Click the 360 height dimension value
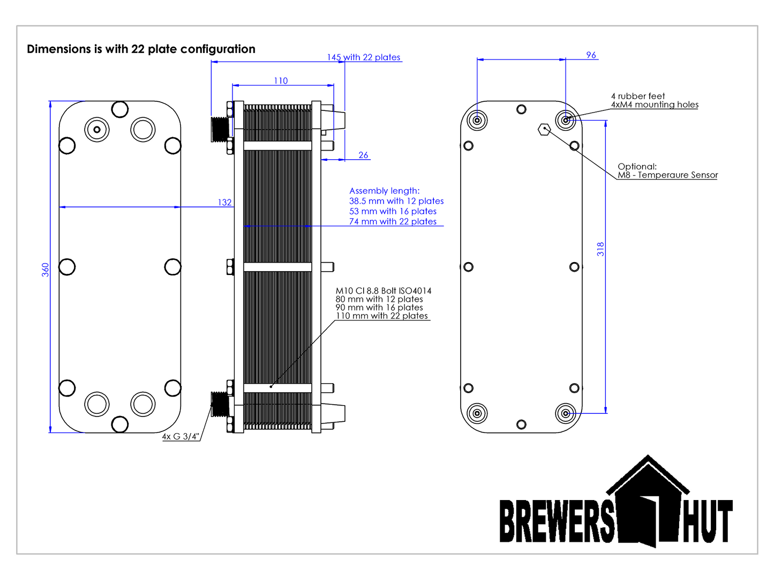(46, 270)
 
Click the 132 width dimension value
(224, 202)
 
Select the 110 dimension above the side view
(281, 81)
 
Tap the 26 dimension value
(363, 155)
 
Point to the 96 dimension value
(591, 55)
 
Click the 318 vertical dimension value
(600, 249)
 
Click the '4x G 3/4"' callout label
(181, 437)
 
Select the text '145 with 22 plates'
(364, 57)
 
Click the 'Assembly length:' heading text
(384, 191)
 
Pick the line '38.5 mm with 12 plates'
(396, 201)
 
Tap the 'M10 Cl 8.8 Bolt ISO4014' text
(383, 290)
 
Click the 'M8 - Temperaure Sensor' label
(667, 175)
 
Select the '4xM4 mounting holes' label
(655, 105)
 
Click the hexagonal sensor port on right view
(544, 129)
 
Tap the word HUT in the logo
(707, 522)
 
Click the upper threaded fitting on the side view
(220, 129)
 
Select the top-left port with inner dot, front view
(97, 129)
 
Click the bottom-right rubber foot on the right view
(565, 413)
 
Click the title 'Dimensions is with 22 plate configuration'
(141, 49)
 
